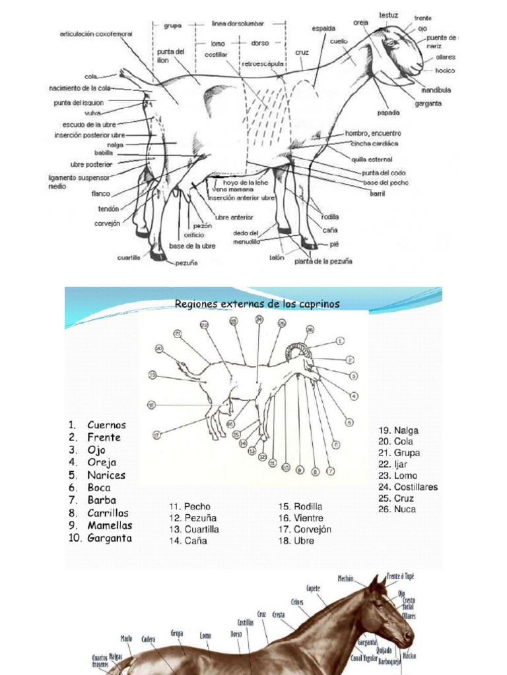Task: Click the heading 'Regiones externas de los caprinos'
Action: [x=257, y=304]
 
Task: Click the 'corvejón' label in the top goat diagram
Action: [x=107, y=223]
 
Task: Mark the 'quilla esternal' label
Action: [x=368, y=158]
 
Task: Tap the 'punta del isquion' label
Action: [x=79, y=103]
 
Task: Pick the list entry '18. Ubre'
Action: [x=296, y=541]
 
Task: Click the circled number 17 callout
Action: [x=156, y=435]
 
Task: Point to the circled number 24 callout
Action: [x=259, y=320]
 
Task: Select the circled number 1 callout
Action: [x=340, y=341]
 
